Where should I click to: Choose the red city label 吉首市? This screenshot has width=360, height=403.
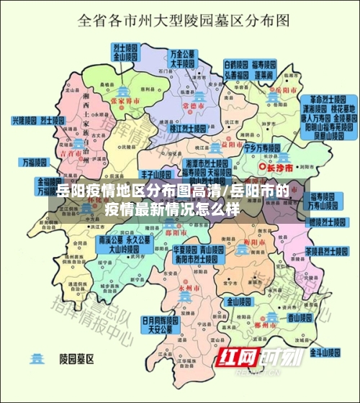pos(69,153)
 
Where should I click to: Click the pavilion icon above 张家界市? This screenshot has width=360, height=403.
pos(125,91)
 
